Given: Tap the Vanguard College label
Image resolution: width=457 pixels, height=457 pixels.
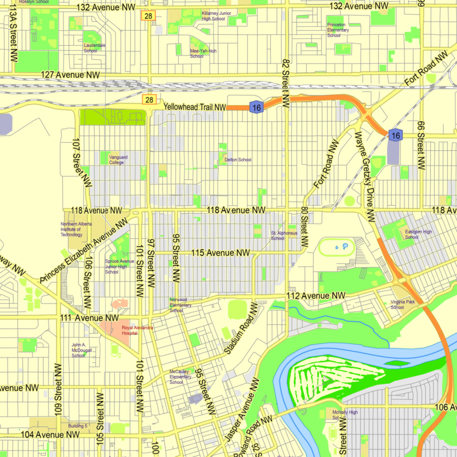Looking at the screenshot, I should [117, 159].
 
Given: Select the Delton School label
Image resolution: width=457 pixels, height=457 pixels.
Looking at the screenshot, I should [238, 160].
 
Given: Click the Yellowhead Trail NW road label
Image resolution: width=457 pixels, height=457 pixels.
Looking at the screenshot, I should [194, 107].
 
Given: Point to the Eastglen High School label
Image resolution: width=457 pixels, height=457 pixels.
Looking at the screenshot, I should [419, 234].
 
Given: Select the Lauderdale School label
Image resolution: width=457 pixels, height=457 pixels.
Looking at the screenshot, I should [94, 47].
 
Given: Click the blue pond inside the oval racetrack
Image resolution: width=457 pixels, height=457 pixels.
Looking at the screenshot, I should [345, 246].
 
